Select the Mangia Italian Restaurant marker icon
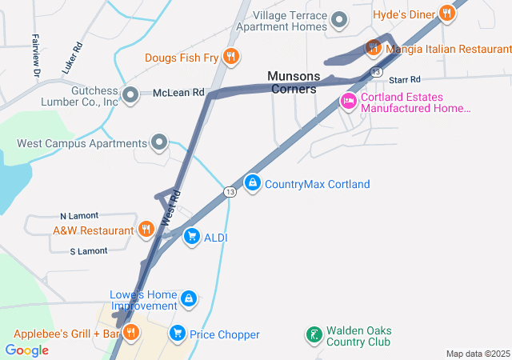[373, 48]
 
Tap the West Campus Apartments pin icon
[159, 143]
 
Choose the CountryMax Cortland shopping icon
[253, 183]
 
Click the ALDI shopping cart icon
[191, 236]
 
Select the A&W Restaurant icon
[146, 230]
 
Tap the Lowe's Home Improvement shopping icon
[188, 299]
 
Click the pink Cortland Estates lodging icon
[348, 102]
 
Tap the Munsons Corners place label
[294, 82]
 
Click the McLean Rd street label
[178, 93]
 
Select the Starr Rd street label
[405, 80]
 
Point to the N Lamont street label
[79, 216]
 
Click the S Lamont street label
[89, 251]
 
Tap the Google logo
[27, 350]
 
